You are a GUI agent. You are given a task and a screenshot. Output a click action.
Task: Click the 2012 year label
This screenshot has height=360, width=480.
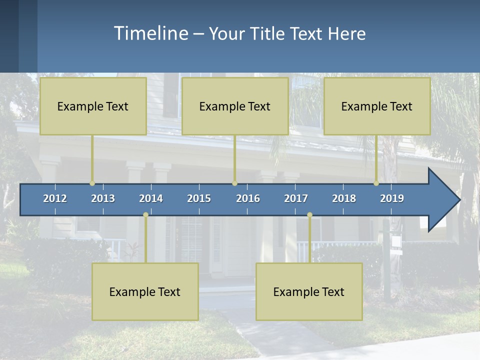point(55,198)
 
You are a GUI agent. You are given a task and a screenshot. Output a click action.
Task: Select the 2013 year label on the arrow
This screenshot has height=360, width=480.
point(103,198)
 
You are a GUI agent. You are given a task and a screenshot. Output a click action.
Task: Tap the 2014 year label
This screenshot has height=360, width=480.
point(151,198)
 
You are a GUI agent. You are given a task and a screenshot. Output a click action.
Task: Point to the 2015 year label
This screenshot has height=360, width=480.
point(199,198)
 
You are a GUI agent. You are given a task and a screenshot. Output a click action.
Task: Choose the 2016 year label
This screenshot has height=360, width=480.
point(248,198)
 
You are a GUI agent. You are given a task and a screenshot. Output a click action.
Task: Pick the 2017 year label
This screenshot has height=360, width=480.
point(296,198)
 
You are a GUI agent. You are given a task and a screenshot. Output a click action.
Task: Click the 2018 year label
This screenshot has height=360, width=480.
point(344,198)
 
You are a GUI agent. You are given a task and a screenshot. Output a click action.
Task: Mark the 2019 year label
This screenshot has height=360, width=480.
point(392,198)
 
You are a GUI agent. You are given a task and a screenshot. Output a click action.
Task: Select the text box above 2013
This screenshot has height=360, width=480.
point(93,106)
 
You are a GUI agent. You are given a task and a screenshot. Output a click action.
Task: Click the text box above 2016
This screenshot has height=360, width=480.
point(235,106)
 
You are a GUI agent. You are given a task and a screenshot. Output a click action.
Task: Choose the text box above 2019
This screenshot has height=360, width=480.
point(377,106)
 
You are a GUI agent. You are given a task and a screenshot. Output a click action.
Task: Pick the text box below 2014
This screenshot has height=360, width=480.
point(145,291)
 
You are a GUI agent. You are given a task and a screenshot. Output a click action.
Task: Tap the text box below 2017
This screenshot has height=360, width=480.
point(309,291)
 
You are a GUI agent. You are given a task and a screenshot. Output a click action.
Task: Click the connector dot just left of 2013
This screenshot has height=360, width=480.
point(92,183)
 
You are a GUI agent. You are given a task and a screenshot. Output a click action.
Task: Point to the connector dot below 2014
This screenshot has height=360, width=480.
point(145,215)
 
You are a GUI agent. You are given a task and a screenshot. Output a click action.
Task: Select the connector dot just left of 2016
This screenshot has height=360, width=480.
point(234,183)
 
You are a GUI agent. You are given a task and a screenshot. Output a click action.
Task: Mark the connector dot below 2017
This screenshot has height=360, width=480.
point(309,215)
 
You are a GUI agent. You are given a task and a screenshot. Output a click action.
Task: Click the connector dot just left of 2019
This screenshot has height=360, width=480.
point(376,183)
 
